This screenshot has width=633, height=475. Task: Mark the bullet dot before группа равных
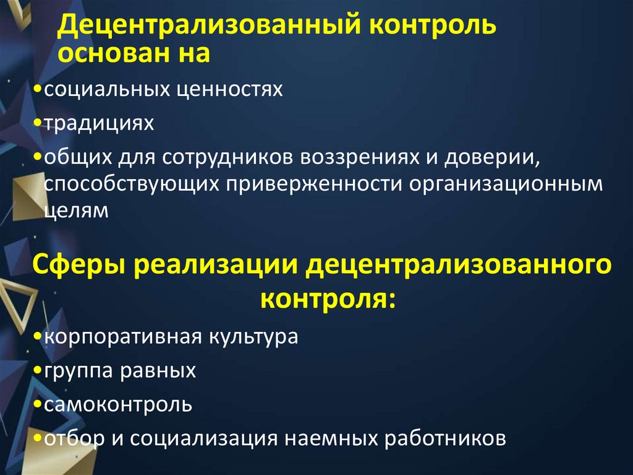click(x=38, y=372)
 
